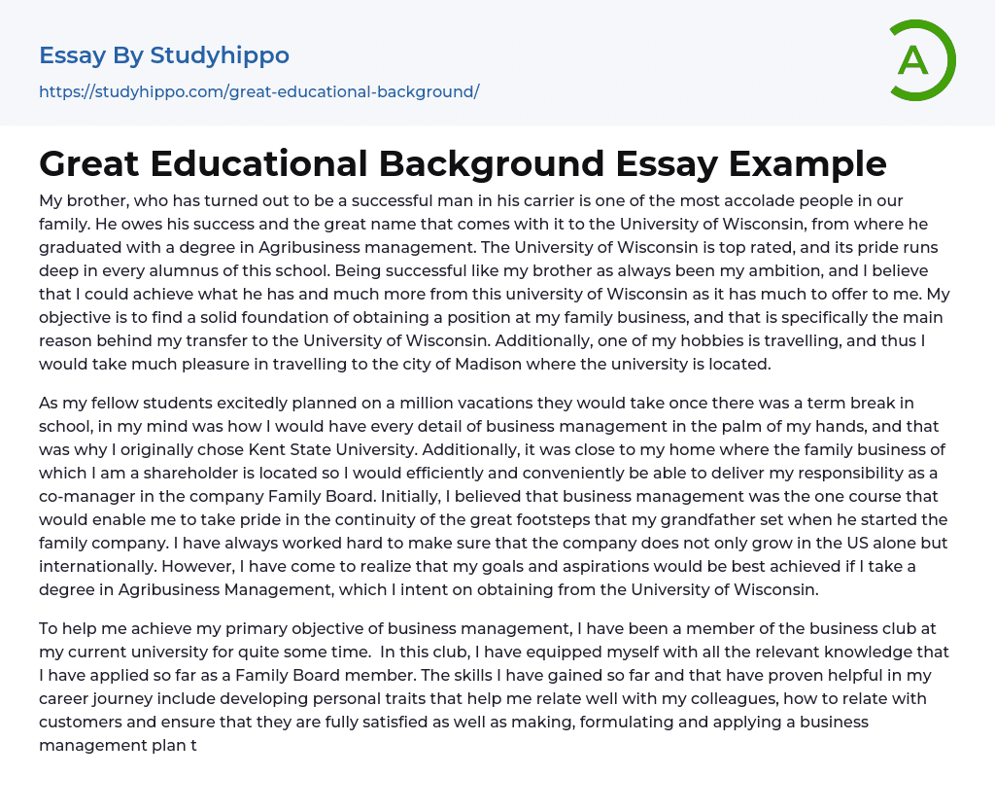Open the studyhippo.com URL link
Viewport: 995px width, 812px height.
click(x=259, y=91)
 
